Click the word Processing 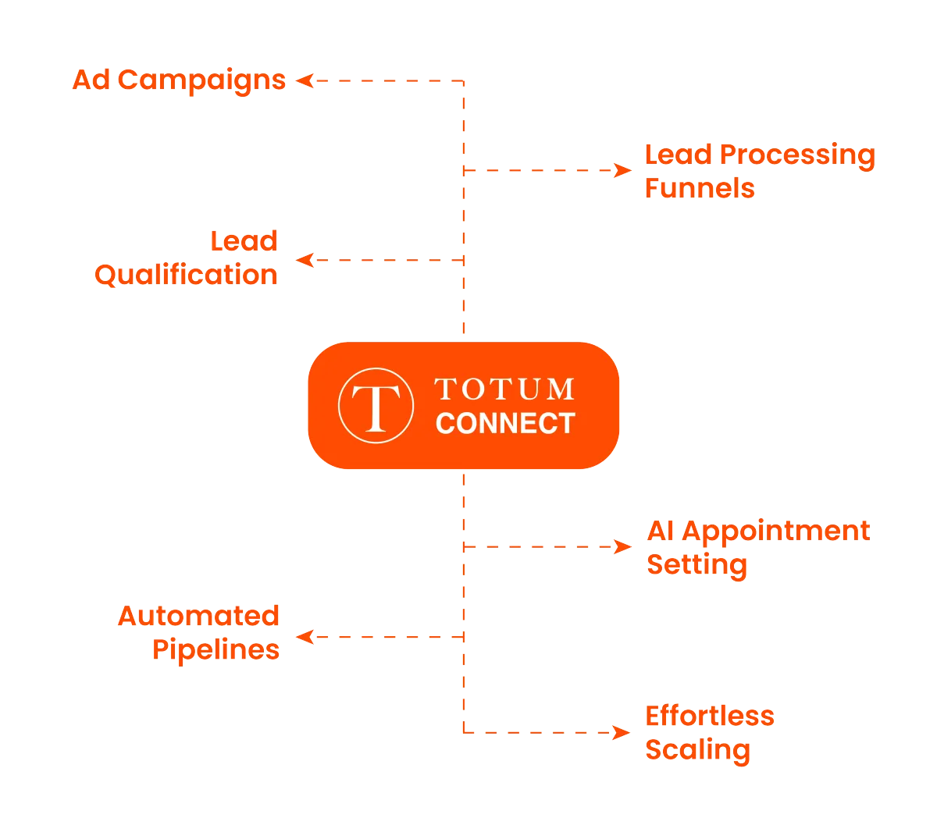point(796,155)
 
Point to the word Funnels point(700,188)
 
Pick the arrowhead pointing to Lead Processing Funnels point(622,170)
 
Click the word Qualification point(186,275)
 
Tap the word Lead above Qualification point(244,240)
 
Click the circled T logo point(376,406)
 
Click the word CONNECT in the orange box point(505,423)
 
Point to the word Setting point(697,564)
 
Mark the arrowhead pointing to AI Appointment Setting point(622,546)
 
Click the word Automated point(199,616)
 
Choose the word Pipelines point(216,649)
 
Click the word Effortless point(709,716)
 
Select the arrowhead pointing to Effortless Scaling point(622,733)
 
